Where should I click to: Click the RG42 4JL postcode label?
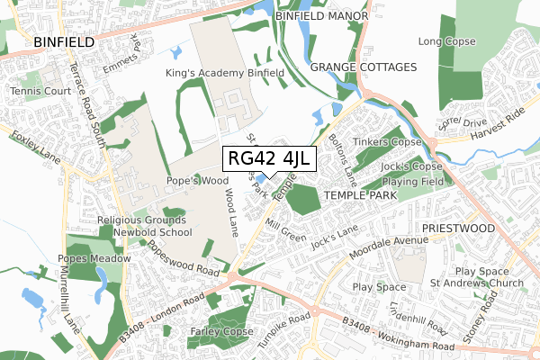tap(268, 159)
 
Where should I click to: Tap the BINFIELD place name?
tap(64, 41)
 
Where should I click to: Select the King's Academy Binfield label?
tap(225, 73)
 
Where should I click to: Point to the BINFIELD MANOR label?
tap(322, 16)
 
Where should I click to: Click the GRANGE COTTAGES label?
tap(364, 67)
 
